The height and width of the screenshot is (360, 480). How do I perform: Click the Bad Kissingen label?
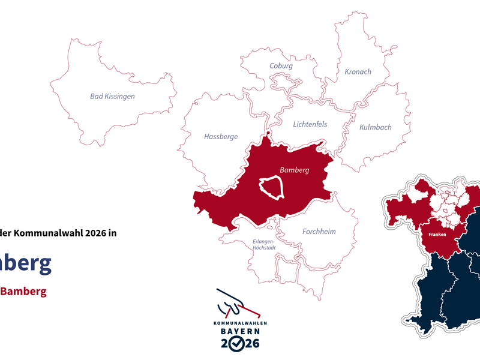click(x=112, y=96)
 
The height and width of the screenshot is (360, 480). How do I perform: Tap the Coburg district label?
click(x=281, y=66)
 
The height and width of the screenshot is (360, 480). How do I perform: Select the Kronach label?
click(x=358, y=72)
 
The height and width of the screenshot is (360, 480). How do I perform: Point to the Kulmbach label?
click(x=375, y=127)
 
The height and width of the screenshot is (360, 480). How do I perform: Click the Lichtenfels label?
click(x=310, y=125)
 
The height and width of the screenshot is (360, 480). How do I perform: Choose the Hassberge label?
click(x=221, y=137)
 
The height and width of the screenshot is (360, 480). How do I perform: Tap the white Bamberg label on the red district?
click(x=294, y=170)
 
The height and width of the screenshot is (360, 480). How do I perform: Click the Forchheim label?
click(x=319, y=232)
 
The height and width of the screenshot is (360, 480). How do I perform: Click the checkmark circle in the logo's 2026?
click(x=238, y=344)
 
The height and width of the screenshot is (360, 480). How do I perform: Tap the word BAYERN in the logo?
click(x=239, y=331)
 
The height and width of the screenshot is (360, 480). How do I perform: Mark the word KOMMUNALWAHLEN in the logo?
click(x=240, y=323)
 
